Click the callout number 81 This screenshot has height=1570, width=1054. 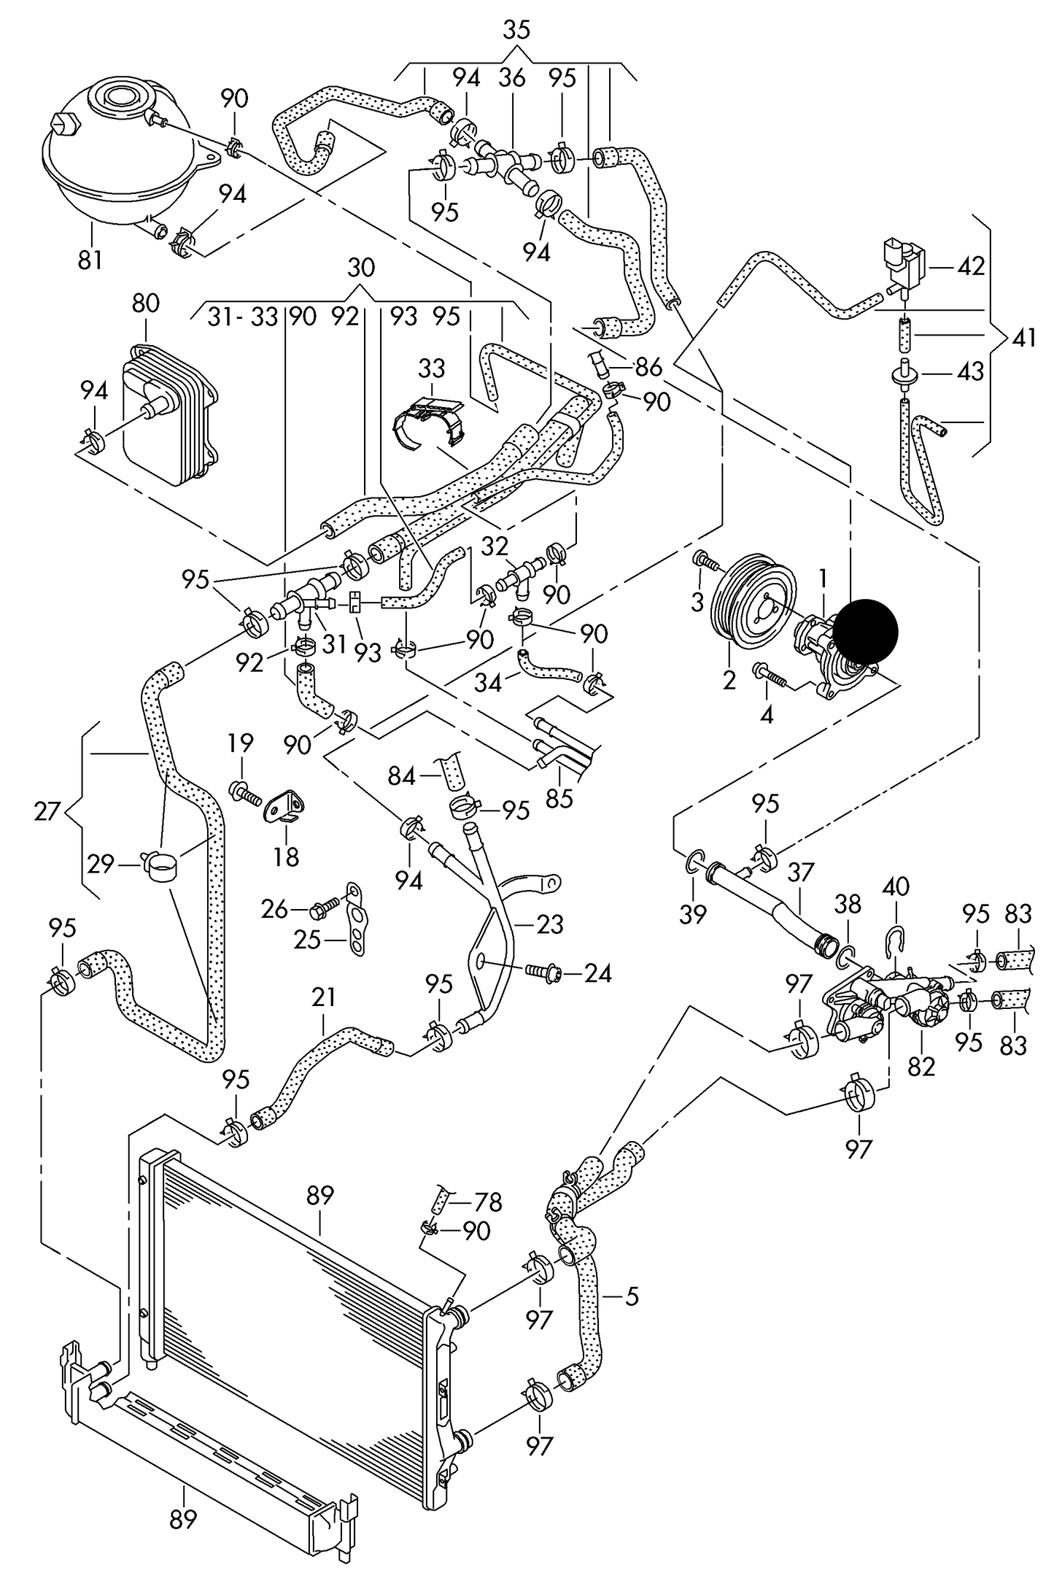click(x=90, y=260)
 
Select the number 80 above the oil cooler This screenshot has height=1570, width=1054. click(x=146, y=303)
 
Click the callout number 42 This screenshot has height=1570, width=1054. click(x=970, y=266)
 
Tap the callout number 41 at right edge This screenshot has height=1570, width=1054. click(x=1025, y=339)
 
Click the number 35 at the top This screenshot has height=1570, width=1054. click(x=516, y=31)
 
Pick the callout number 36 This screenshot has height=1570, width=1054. click(x=512, y=78)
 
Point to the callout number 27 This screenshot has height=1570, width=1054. click(x=46, y=811)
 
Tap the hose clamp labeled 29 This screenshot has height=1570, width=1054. click(x=163, y=866)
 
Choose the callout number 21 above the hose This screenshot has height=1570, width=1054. click(x=323, y=997)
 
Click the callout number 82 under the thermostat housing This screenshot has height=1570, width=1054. click(x=921, y=1066)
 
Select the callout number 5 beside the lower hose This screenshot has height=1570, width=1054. click(x=632, y=1296)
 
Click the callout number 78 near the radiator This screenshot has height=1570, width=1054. click(x=488, y=1201)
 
